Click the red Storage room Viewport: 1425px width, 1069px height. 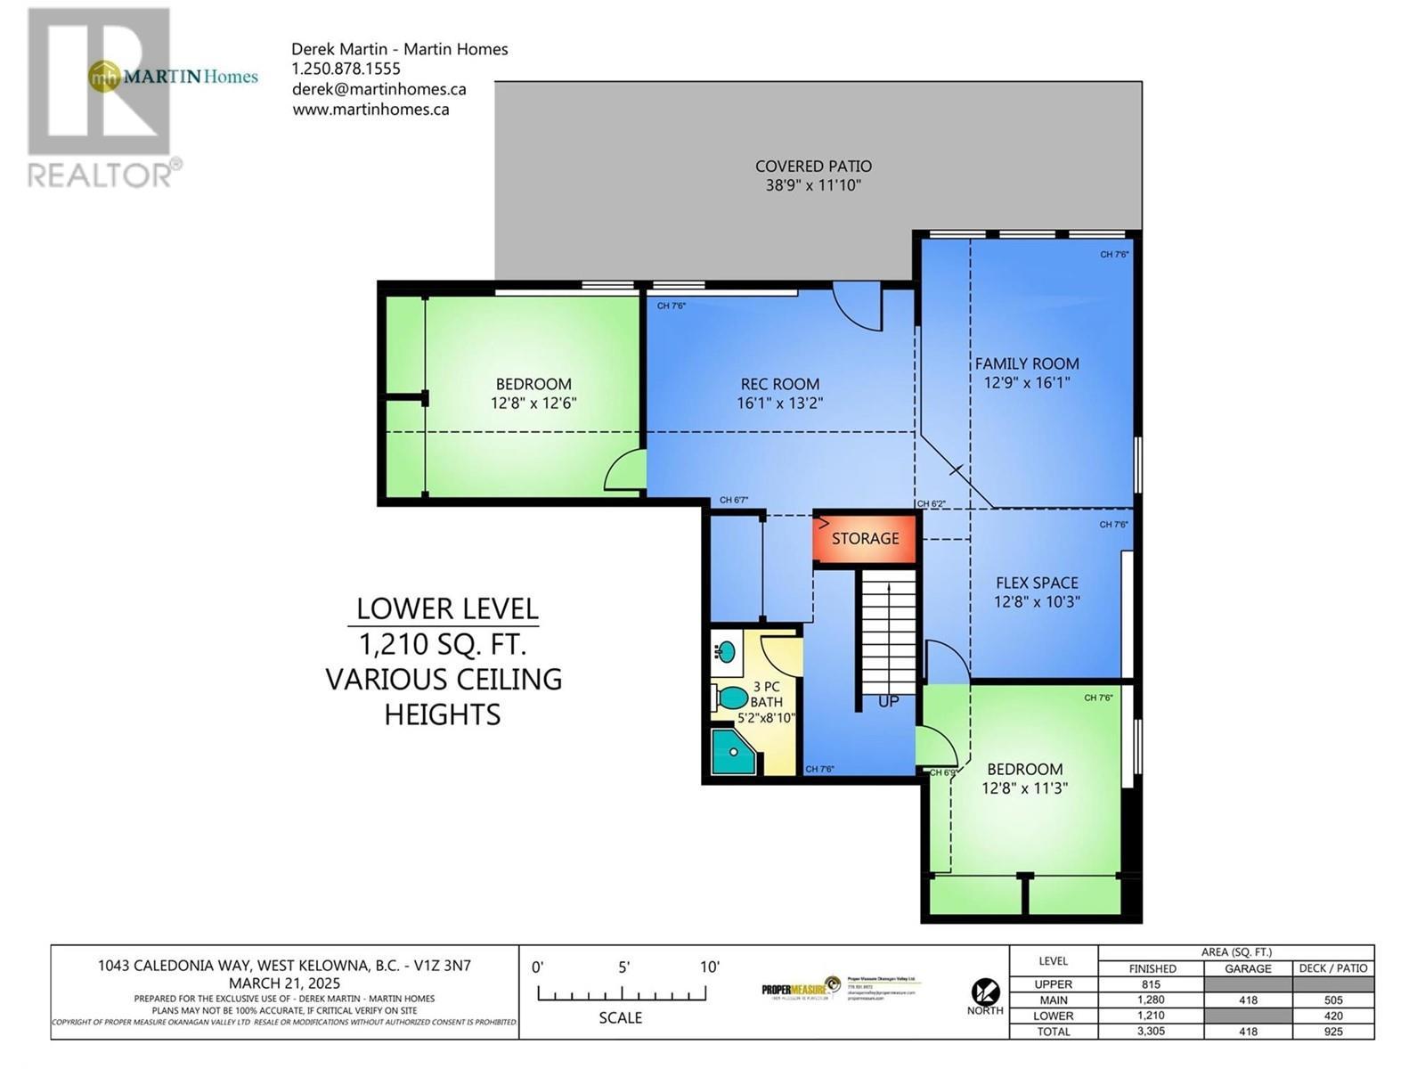point(865,538)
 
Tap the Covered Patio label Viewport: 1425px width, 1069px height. point(813,167)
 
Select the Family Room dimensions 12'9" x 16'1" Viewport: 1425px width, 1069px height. point(1026,383)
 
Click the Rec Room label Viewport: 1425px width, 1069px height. point(779,384)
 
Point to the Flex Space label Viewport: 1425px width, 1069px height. point(1037,583)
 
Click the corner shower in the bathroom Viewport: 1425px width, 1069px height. point(733,752)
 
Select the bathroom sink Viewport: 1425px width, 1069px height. point(726,651)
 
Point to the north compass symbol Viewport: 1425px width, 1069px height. point(984,991)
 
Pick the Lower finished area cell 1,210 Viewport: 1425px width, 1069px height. point(1151,1016)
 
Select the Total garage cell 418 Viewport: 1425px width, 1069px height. point(1248,1032)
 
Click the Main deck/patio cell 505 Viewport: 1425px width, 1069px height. point(1332,1000)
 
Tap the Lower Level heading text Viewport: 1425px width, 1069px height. point(447,609)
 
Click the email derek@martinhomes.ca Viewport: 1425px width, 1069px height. point(379,89)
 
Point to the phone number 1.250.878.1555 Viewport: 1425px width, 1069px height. point(346,69)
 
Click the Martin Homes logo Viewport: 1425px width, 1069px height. point(174,77)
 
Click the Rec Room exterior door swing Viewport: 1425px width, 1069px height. point(856,307)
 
